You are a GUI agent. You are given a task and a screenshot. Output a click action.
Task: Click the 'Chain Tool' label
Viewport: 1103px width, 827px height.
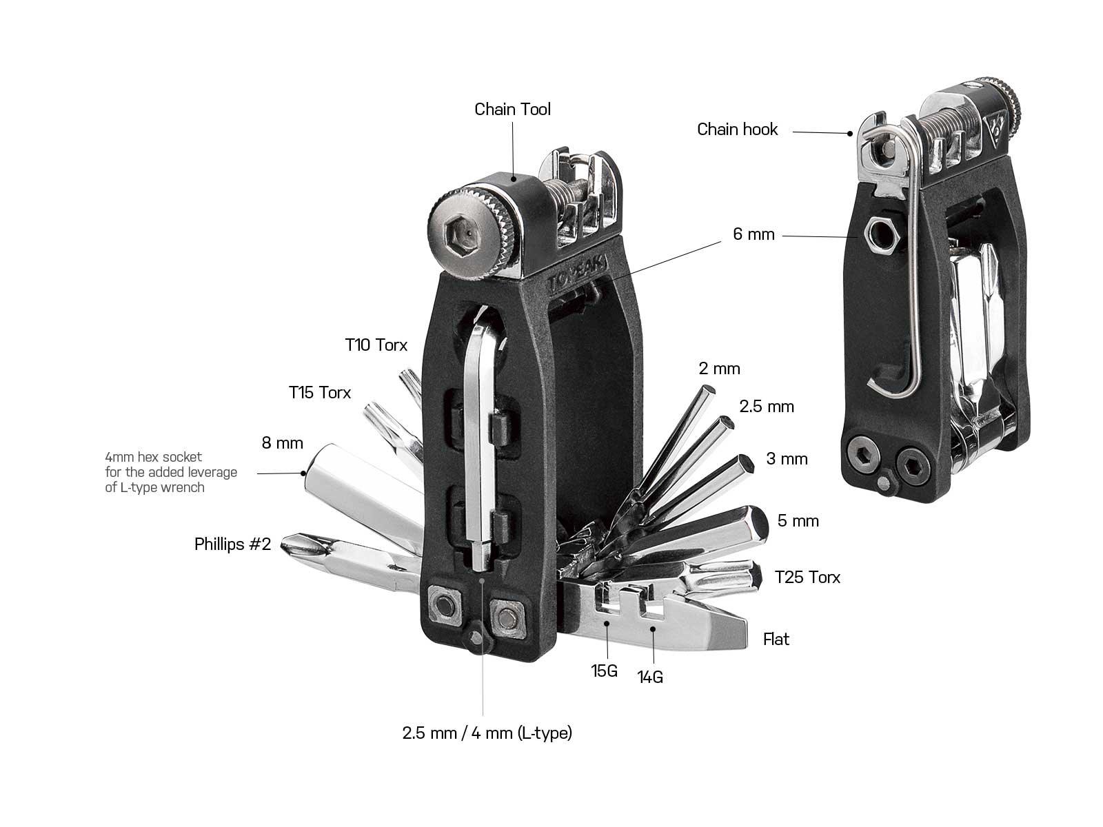point(512,110)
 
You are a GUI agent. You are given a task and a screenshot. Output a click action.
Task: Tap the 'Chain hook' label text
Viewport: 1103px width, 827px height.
point(737,130)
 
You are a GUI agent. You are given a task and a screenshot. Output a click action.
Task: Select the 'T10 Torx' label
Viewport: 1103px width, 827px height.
point(376,345)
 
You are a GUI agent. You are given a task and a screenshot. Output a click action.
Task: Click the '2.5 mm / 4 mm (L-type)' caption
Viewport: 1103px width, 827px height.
point(487,733)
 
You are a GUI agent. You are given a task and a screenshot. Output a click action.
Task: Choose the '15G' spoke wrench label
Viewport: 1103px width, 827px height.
point(604,671)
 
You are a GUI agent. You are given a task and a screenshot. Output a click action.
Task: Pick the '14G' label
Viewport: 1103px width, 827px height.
point(650,677)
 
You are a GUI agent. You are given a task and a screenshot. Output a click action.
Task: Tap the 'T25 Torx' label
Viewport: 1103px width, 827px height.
point(807,578)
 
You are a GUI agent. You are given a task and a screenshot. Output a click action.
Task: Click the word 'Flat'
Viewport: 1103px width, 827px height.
point(776,640)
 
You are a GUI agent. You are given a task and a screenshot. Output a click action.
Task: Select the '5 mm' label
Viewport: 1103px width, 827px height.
point(798,521)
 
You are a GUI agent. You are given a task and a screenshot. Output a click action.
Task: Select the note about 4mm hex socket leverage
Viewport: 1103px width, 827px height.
point(170,472)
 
